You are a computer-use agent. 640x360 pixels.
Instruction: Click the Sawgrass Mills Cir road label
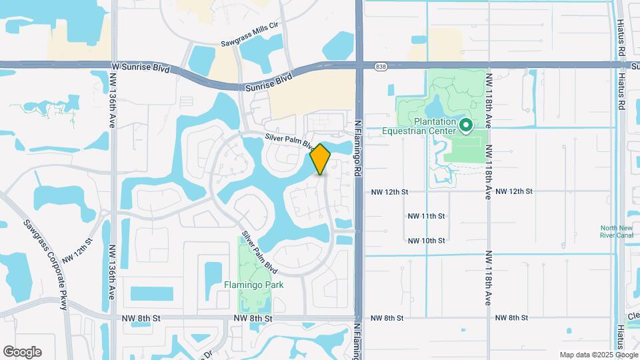pos(249,44)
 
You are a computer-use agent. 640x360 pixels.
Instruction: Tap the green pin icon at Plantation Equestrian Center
pos(467,124)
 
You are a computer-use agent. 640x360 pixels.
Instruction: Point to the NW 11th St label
pos(426,216)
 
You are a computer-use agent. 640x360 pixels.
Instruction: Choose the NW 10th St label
pos(426,240)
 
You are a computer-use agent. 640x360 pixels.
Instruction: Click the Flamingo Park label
pos(253,285)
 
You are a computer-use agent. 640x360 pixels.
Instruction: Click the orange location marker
pos(321,159)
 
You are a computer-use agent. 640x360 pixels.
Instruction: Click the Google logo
pos(22,352)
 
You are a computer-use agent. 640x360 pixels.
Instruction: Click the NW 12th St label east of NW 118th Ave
pos(514,191)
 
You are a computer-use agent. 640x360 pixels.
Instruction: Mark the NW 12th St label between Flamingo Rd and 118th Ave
pos(389,191)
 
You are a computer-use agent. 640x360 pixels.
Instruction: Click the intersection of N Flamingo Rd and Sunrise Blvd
pos(359,65)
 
